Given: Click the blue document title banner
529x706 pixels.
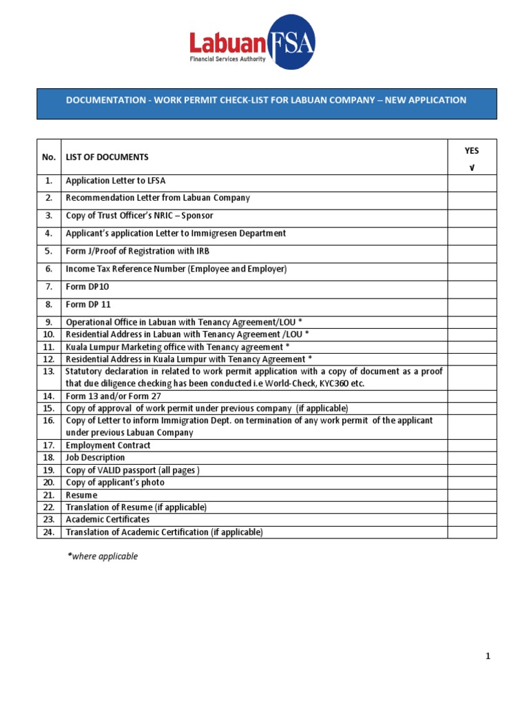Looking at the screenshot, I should [266, 101].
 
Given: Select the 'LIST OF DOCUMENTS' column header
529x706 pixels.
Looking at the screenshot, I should [107, 157].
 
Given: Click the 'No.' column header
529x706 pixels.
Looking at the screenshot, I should [48, 157].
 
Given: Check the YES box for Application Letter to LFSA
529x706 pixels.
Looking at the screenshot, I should [472, 182].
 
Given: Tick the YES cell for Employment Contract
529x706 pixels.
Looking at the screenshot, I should [472, 445].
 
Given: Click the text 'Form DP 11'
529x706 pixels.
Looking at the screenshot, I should [88, 305].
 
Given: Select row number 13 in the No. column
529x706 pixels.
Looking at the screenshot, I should [48, 372].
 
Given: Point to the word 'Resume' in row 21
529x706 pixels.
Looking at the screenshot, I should [81, 495].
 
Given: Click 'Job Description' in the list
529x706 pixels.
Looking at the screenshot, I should [95, 458].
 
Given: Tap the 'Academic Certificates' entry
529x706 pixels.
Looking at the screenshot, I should [107, 520].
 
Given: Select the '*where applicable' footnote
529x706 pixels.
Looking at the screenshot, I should [102, 556].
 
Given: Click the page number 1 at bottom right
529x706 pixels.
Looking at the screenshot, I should [488, 657].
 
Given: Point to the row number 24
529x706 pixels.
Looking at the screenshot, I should [48, 532].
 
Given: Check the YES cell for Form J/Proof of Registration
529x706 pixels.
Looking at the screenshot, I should [472, 252].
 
